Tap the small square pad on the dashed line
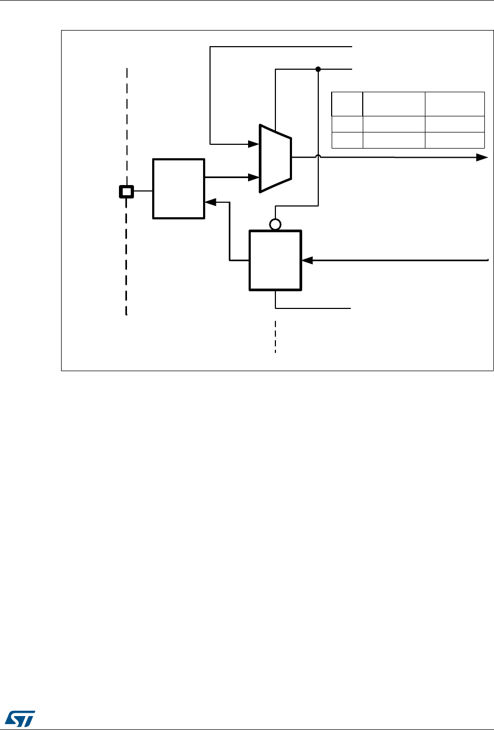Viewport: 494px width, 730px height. coord(126,191)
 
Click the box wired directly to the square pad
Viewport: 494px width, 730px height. coord(178,188)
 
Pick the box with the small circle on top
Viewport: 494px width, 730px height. coord(275,261)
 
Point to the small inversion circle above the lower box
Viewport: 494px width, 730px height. coord(275,224)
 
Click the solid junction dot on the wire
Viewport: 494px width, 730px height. coord(318,69)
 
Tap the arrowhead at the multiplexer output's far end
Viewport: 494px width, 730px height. coord(482,158)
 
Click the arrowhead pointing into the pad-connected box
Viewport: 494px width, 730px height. coord(210,202)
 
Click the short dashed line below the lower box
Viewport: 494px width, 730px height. coord(275,337)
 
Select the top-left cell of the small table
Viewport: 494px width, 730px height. coord(347,104)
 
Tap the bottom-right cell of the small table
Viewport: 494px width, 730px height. coord(455,140)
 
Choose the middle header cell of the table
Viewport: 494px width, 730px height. coord(394,104)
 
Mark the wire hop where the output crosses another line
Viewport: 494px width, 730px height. coord(318,157)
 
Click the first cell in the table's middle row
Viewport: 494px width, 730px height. coord(347,124)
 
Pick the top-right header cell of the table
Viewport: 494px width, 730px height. coord(455,104)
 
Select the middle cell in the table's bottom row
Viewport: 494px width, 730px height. coord(394,140)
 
